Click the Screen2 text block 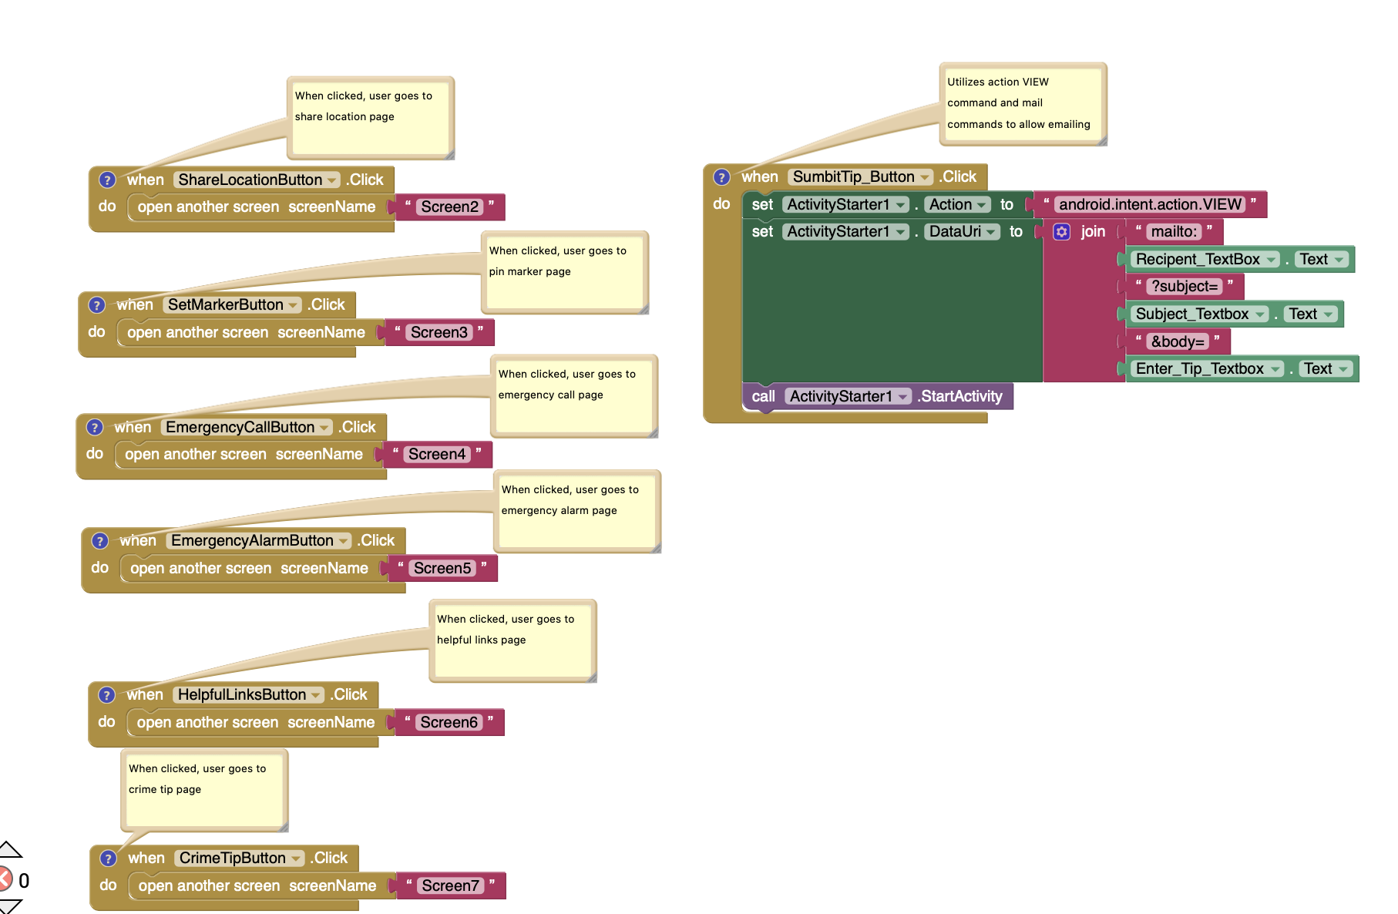click(449, 207)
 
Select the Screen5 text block click(442, 568)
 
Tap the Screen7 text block click(450, 885)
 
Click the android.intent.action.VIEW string click(1150, 204)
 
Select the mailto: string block click(1174, 231)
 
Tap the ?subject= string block click(1185, 287)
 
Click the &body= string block click(1177, 341)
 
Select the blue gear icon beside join click(1061, 231)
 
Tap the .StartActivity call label click(961, 396)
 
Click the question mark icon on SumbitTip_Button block click(721, 176)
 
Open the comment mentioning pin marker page click(564, 272)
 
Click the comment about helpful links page click(512, 640)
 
